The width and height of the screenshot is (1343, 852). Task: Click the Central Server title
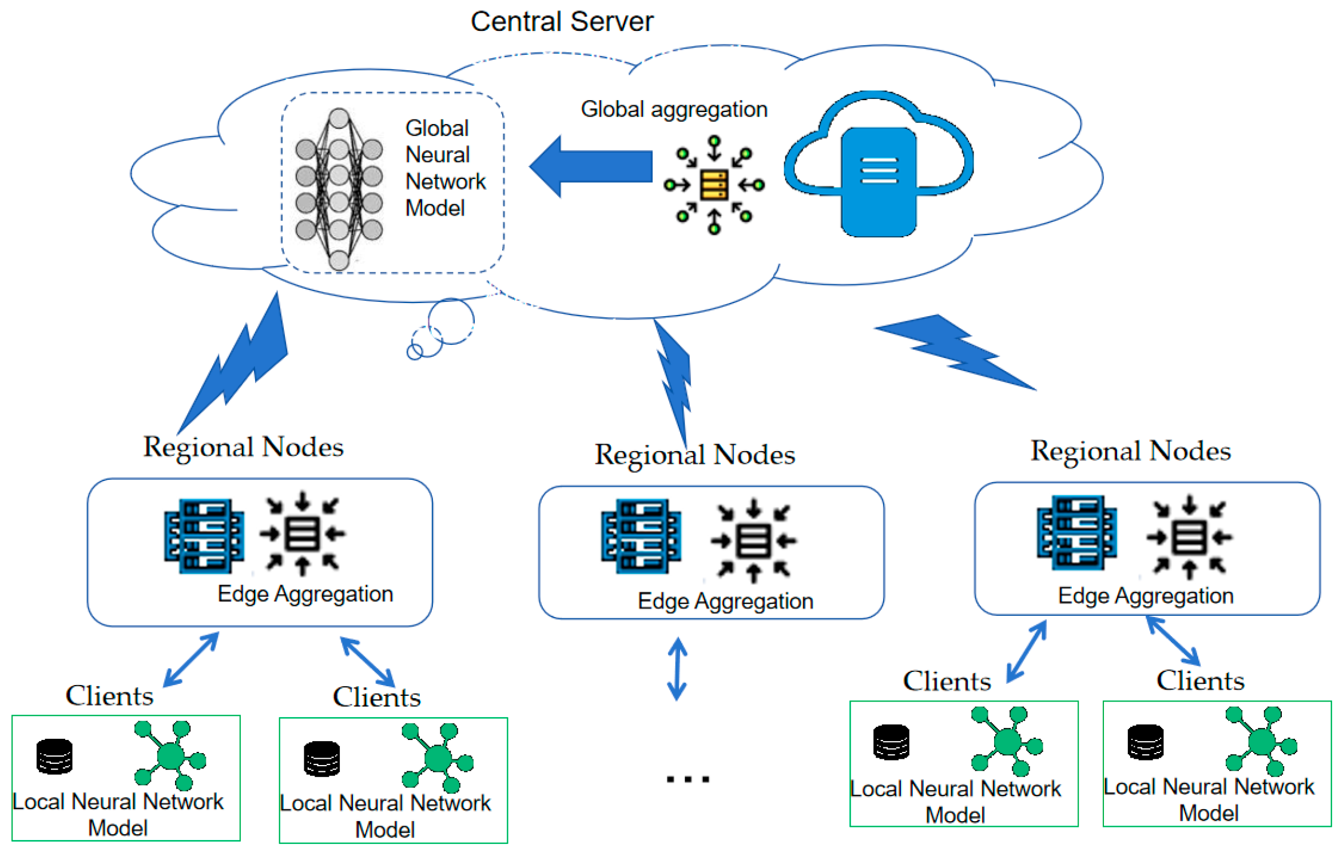pyautogui.click(x=561, y=22)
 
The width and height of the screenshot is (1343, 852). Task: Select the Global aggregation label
pyautogui.click(x=674, y=109)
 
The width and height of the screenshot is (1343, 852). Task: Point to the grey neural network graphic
pyautogui.click(x=339, y=189)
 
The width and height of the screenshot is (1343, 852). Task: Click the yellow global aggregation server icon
pyautogui.click(x=714, y=185)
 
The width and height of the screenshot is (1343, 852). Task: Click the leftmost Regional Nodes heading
pyautogui.click(x=243, y=447)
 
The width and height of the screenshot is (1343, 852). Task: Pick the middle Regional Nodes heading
pyautogui.click(x=694, y=455)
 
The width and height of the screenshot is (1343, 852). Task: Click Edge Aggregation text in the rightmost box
pyautogui.click(x=1145, y=596)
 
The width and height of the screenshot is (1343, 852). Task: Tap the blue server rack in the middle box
pyautogui.click(x=641, y=536)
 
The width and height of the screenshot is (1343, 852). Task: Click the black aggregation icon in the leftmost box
pyautogui.click(x=303, y=534)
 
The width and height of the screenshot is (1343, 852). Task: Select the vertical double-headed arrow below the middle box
pyautogui.click(x=677, y=669)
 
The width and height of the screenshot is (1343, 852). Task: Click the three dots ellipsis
pyautogui.click(x=688, y=779)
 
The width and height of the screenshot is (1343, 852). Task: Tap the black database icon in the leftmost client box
pyautogui.click(x=54, y=756)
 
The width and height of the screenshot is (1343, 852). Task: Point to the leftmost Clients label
pyautogui.click(x=109, y=696)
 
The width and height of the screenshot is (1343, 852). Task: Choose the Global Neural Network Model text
pyautogui.click(x=444, y=168)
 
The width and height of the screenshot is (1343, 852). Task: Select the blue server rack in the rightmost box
pyautogui.click(x=1076, y=532)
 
